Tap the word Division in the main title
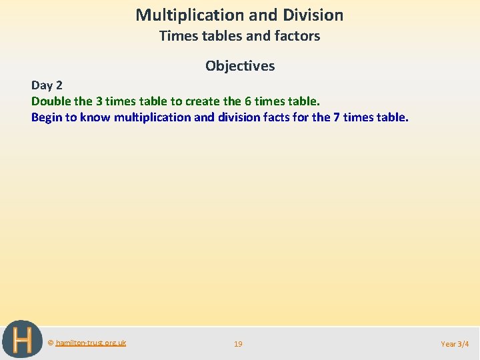tap(313, 15)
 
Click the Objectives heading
tap(240, 66)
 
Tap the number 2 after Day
tap(59, 85)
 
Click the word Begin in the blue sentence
tap(46, 117)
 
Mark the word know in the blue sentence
tap(96, 117)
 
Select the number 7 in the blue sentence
tap(336, 117)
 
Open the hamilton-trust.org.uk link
tap(91, 343)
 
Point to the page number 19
tap(238, 344)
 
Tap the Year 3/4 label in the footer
tap(455, 344)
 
